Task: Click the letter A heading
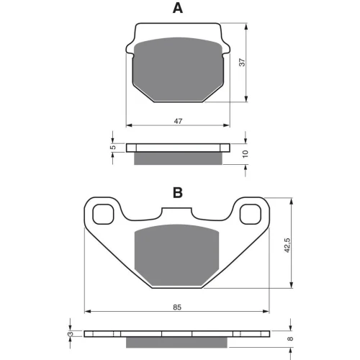(178, 9)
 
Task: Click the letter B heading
(178, 192)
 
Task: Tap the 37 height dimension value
(243, 63)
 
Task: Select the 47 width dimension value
(178, 121)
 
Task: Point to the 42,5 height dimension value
(287, 245)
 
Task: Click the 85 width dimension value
(177, 307)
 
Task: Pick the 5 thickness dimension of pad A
(113, 148)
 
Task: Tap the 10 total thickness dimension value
(245, 153)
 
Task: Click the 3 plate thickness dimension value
(71, 334)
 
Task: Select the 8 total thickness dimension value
(290, 338)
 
